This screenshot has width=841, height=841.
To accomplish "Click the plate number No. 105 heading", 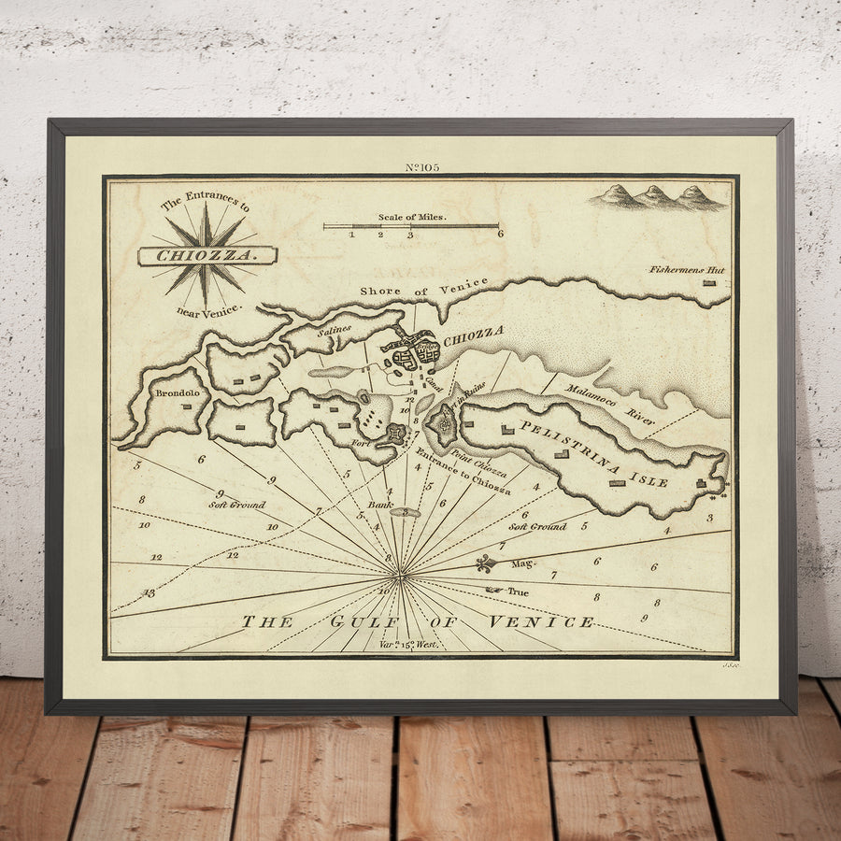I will pyautogui.click(x=422, y=167).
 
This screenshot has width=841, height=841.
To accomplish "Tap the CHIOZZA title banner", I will pyautogui.click(x=207, y=254).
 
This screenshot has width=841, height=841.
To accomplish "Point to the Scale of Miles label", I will pyautogui.click(x=412, y=217).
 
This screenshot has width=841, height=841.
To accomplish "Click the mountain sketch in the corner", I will pyautogui.click(x=660, y=196).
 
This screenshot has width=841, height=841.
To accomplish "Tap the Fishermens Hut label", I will pyautogui.click(x=687, y=270).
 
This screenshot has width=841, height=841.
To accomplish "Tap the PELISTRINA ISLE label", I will pyautogui.click(x=593, y=453).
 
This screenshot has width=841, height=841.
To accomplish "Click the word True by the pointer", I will pyautogui.click(x=518, y=592).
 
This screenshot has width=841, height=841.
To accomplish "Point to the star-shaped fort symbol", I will pyautogui.click(x=395, y=434).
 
